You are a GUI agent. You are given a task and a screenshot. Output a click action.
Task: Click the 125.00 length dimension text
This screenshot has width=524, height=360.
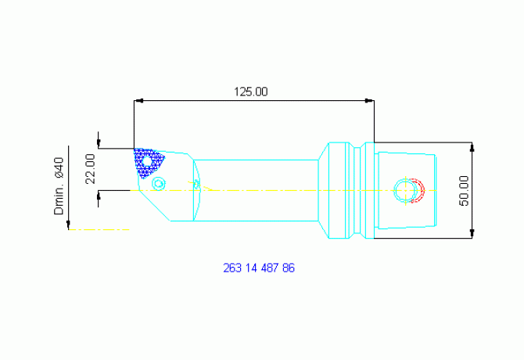250,92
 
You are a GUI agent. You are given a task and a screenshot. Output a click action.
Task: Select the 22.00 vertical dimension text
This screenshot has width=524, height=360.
90,169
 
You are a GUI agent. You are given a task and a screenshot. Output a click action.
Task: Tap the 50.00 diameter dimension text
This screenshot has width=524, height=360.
464,191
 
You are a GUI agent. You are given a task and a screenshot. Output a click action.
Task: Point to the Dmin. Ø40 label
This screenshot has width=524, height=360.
59,185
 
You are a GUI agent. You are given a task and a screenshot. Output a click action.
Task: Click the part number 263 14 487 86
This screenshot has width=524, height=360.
259,268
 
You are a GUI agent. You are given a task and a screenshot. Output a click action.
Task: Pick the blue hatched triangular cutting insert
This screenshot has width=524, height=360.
147,163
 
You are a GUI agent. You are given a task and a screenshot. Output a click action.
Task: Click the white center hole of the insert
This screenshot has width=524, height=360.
147,162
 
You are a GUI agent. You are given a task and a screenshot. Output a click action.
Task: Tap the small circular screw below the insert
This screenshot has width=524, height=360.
159,183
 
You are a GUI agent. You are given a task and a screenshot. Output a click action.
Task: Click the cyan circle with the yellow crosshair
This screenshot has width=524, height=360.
405,190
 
